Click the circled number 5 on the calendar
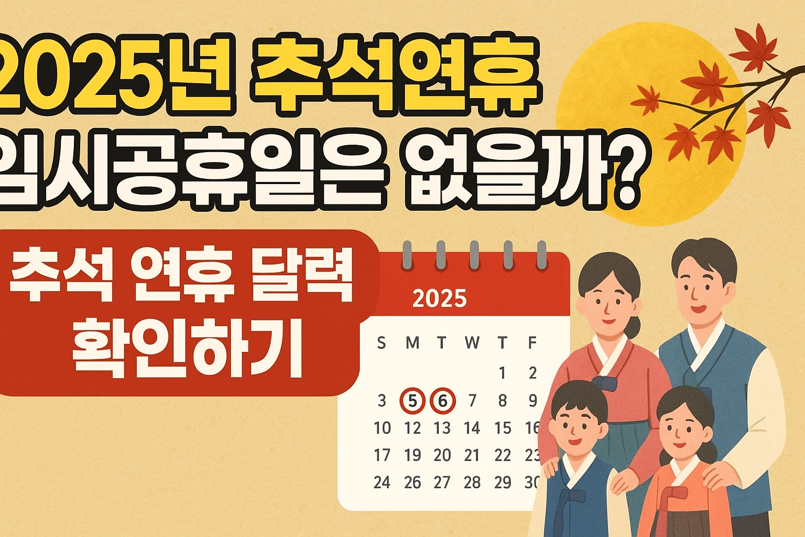412,401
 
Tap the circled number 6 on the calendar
443,401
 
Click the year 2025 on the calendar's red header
439,299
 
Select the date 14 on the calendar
472,428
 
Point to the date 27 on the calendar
442,482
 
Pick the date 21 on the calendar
472,456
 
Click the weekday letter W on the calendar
472,343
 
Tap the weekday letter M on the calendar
412,343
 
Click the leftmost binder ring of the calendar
407,255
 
